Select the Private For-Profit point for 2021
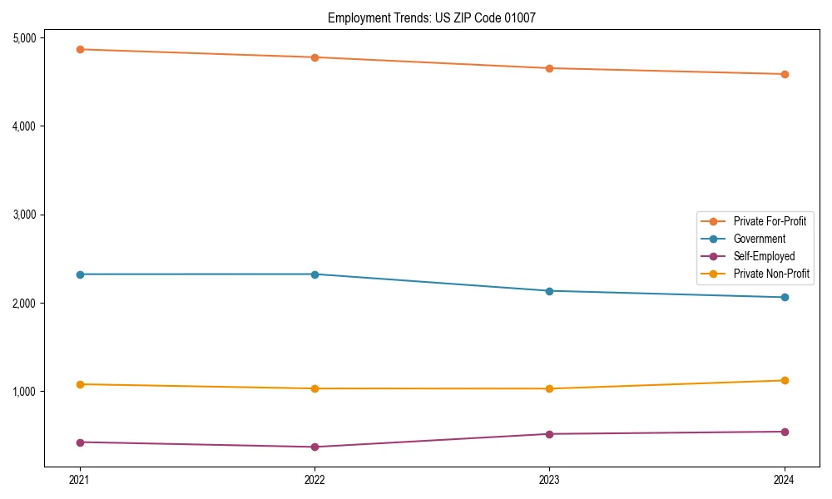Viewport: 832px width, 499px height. click(80, 49)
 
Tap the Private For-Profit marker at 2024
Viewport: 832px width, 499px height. click(785, 74)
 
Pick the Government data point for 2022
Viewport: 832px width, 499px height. click(314, 274)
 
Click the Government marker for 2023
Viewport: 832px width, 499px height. click(549, 291)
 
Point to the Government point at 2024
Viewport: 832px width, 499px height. click(785, 297)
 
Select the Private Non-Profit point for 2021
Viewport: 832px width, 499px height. click(80, 384)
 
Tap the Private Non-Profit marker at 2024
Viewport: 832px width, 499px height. click(785, 380)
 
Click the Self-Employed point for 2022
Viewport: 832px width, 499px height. click(314, 447)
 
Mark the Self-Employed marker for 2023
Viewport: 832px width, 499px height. click(549, 434)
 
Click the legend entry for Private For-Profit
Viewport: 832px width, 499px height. click(769, 221)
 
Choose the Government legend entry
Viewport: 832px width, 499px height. click(759, 239)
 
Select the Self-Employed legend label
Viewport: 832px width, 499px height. click(764, 256)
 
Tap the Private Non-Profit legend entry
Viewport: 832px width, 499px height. click(771, 274)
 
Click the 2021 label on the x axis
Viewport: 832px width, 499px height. click(80, 480)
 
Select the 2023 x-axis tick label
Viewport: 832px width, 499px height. click(549, 480)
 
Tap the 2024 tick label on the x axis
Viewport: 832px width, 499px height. click(785, 480)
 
